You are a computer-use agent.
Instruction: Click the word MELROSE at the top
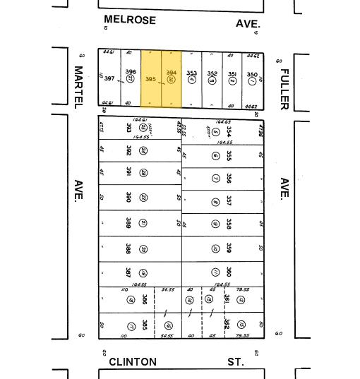129,20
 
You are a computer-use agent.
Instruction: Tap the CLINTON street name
133,362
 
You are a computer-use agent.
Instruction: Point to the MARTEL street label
78,86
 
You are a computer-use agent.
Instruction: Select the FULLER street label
285,88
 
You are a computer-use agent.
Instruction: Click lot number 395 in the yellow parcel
150,80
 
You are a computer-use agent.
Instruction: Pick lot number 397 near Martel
109,78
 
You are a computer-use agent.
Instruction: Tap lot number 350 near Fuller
252,75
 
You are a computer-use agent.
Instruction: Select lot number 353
191,73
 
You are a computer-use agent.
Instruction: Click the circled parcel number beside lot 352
212,81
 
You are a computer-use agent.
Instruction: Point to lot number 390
128,197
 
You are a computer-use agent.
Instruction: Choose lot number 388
128,248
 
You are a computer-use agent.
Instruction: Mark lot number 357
229,202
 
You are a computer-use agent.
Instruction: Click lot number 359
229,248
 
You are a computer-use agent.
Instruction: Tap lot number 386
145,299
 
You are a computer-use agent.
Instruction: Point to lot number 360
229,272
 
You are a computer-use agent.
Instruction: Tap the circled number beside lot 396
131,80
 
